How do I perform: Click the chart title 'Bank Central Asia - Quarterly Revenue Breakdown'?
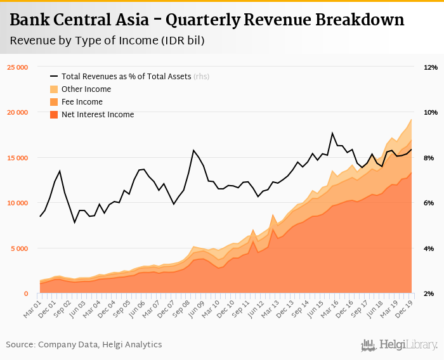(x=207, y=20)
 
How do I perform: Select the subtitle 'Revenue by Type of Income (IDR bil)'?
(x=107, y=41)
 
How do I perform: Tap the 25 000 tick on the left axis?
(x=17, y=67)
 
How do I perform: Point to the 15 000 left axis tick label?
(x=17, y=158)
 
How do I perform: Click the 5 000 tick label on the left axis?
(x=19, y=248)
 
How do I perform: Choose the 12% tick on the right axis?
(x=431, y=67)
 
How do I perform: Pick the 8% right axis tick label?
(x=429, y=158)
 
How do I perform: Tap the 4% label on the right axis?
(x=429, y=248)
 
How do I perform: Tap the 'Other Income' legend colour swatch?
(x=54, y=89)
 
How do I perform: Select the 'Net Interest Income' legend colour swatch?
(x=54, y=115)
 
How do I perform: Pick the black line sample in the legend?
(x=54, y=77)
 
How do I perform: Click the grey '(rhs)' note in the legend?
(x=202, y=77)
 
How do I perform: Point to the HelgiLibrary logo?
(x=399, y=345)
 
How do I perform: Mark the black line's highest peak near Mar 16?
(x=332, y=133)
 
